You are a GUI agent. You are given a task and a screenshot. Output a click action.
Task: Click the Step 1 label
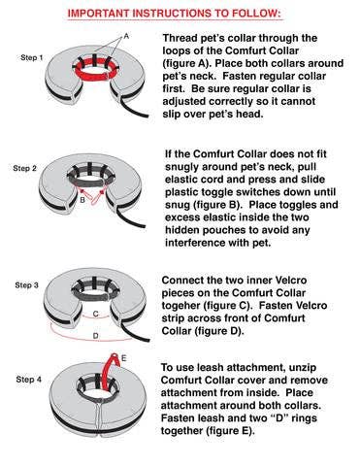point(31,59)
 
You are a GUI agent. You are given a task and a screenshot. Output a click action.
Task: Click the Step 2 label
point(24,168)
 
